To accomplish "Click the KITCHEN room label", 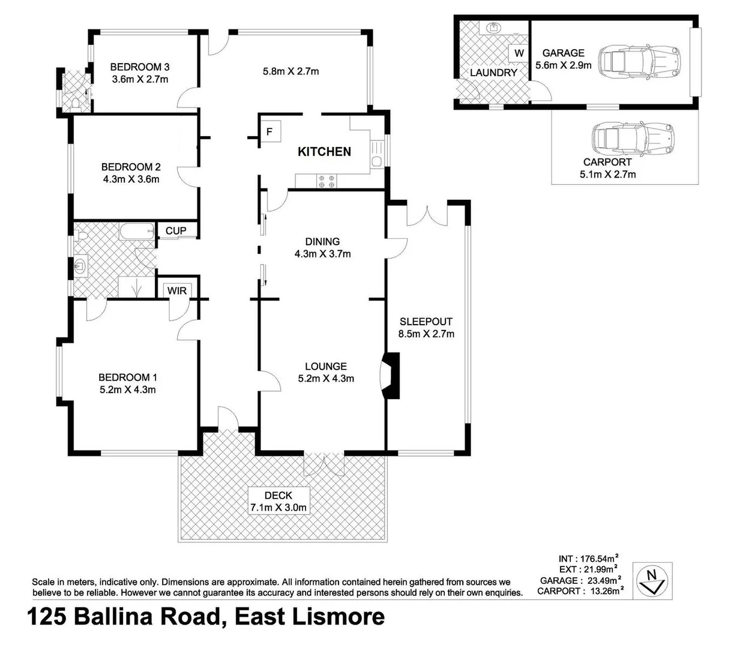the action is (x=324, y=151).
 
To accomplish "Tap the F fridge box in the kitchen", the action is (x=270, y=131).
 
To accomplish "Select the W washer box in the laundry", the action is (x=519, y=53).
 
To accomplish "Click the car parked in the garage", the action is (x=639, y=61).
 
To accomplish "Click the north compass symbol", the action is (x=652, y=580).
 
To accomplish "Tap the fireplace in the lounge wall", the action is (x=390, y=376).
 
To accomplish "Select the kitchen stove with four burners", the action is (x=326, y=182).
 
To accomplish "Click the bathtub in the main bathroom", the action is (x=137, y=232).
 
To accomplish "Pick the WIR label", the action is (x=177, y=290).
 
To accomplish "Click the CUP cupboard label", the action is (x=176, y=230).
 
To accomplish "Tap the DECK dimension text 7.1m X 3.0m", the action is (x=278, y=507).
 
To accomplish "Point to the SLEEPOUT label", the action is (x=426, y=321).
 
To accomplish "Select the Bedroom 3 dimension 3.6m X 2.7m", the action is (x=140, y=79).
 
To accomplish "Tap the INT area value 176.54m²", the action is (x=599, y=559).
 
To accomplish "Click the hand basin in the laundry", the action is (x=493, y=27).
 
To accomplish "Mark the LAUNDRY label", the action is (x=493, y=73).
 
